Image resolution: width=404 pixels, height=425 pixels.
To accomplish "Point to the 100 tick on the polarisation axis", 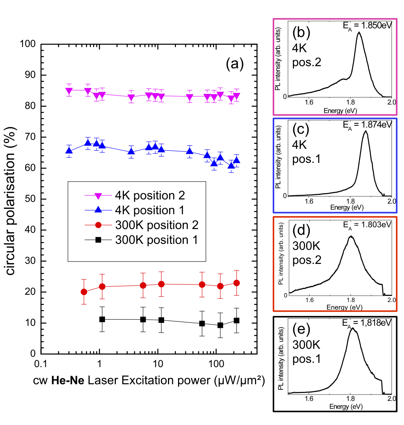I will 28,44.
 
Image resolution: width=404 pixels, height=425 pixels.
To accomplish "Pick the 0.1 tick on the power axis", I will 41,364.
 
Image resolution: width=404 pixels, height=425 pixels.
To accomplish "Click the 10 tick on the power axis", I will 158,364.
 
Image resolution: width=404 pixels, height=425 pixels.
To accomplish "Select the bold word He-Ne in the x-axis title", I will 68,380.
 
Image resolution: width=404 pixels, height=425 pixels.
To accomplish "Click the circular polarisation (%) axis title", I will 10,201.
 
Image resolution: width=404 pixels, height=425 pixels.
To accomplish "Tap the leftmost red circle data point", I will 84,292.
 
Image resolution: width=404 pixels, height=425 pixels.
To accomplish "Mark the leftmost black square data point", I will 102,319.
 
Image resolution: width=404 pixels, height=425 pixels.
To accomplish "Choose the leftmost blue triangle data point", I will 69,151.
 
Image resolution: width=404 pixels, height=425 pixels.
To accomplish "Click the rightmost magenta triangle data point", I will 236,96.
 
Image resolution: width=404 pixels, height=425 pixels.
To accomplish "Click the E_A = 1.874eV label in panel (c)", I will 367,125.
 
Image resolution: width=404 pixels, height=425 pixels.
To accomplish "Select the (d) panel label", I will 301,230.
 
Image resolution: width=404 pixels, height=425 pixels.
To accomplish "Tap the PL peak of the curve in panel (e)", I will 353,328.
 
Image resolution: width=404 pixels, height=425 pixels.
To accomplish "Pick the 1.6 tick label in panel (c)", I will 309,201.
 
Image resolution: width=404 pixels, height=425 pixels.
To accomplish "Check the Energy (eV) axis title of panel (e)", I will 346,406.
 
